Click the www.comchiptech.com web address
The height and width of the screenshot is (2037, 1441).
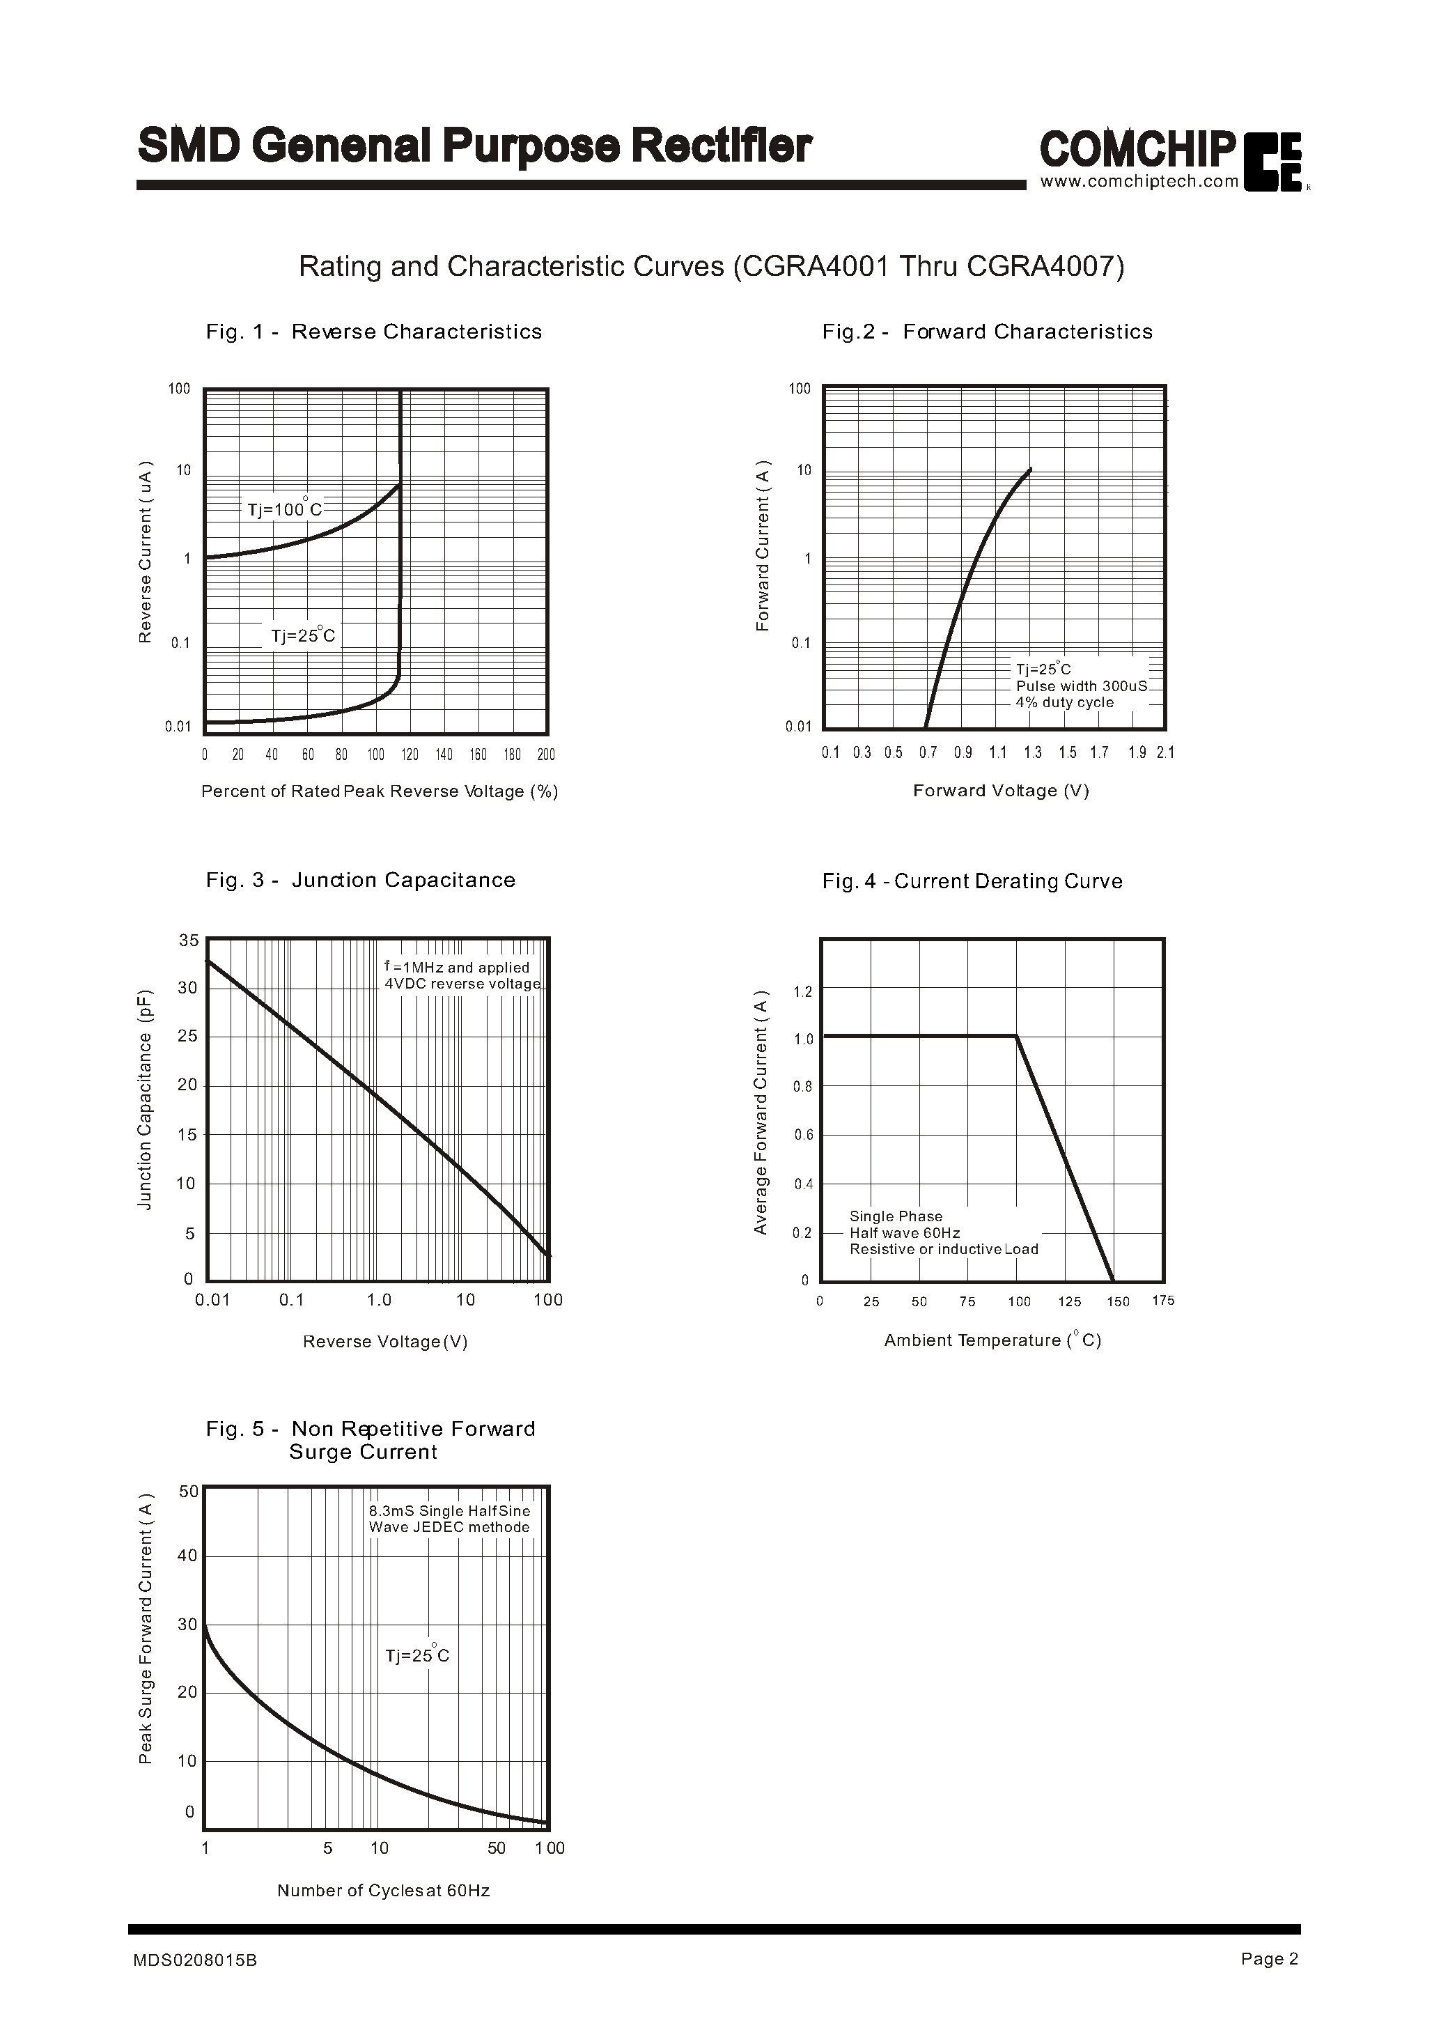point(1139,182)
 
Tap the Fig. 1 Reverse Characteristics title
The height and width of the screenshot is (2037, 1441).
point(373,332)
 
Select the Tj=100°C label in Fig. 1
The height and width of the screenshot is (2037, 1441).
point(284,509)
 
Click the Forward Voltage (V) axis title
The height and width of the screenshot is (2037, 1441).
point(1000,791)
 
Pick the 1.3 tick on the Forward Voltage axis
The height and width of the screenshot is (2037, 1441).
point(1032,752)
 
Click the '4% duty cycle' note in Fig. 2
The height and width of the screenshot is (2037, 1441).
point(1064,702)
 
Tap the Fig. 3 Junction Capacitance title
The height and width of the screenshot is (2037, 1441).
point(360,880)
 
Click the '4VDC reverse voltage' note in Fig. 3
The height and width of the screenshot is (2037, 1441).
point(461,984)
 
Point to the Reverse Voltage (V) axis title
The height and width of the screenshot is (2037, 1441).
point(384,1341)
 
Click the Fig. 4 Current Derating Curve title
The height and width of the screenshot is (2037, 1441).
point(972,881)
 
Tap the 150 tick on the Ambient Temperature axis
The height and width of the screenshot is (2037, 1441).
point(1117,1302)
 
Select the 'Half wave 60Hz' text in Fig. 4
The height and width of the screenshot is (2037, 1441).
point(904,1233)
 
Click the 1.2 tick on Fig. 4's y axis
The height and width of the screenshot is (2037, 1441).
point(802,991)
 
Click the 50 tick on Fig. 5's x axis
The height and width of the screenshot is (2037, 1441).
point(496,1848)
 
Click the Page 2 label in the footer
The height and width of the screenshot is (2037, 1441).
point(1269,1958)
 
